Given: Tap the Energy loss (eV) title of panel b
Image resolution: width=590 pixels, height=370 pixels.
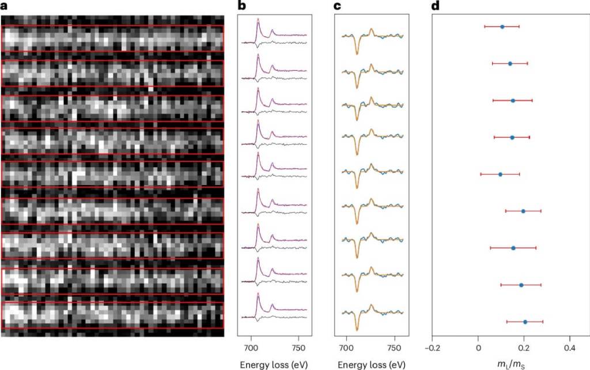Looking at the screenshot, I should tap(275, 364).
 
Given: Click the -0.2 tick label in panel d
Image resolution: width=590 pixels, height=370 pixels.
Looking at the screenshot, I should tap(432, 348).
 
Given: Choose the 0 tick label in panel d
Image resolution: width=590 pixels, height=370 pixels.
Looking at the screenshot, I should tap(478, 348).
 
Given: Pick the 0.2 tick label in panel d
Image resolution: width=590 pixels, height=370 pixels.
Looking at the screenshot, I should tap(524, 348).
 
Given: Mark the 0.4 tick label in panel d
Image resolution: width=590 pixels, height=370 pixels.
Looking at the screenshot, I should tap(569, 348).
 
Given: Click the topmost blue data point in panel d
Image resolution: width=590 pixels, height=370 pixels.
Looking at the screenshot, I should tap(502, 27).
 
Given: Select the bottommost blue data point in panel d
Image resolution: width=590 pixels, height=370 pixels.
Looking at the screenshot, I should tap(525, 322).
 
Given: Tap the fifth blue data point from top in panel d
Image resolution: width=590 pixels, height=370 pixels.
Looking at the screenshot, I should tap(500, 174).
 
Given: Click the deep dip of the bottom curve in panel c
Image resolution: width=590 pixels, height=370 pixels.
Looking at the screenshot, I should tap(357, 329).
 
